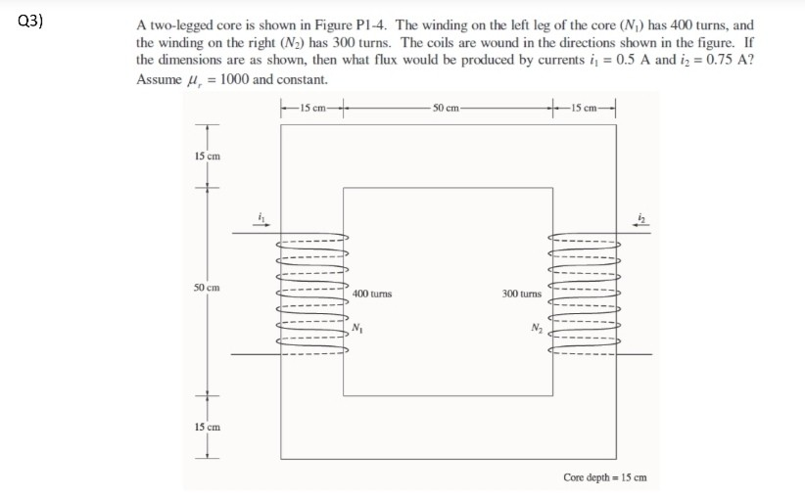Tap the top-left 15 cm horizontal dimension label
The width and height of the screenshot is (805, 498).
click(x=312, y=106)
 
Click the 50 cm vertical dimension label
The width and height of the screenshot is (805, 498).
click(x=207, y=288)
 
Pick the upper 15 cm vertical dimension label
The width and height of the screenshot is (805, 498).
click(x=207, y=157)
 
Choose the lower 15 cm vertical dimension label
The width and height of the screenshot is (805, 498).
click(x=207, y=428)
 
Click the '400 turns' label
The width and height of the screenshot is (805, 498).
click(x=373, y=293)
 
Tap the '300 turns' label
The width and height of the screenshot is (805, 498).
click(x=521, y=293)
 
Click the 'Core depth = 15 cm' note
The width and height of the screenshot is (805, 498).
click(x=604, y=477)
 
